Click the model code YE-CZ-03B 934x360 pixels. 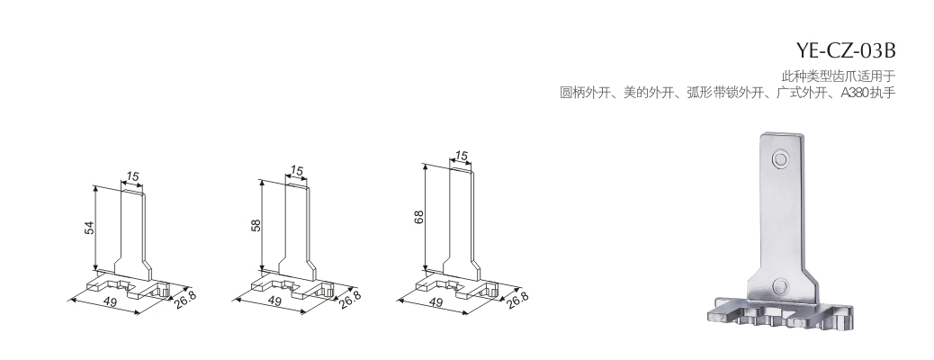845,51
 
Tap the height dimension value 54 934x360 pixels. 89,227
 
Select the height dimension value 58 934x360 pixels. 256,225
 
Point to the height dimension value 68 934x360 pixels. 419,216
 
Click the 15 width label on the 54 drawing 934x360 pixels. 132,176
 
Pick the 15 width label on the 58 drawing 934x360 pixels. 296,171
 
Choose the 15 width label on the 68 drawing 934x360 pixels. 461,157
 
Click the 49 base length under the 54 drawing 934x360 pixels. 110,301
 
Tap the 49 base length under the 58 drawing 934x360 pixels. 274,301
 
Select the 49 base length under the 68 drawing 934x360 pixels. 436,302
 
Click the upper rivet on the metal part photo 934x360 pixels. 779,159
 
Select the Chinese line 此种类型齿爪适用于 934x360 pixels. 839,76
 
